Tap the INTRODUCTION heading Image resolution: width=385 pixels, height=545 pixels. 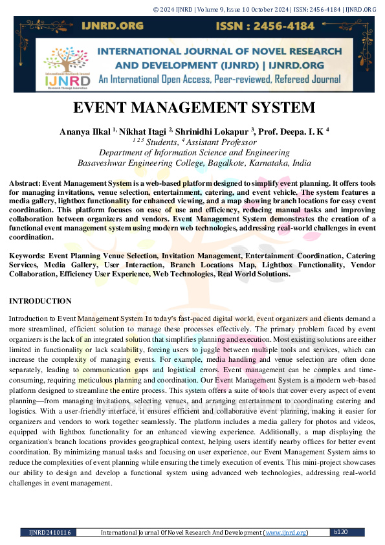pos(40,301)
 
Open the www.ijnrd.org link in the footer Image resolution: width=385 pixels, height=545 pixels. pos(285,532)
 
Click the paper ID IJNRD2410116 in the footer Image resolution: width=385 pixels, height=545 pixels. pos(49,532)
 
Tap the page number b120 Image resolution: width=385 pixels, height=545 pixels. pos(341,531)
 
